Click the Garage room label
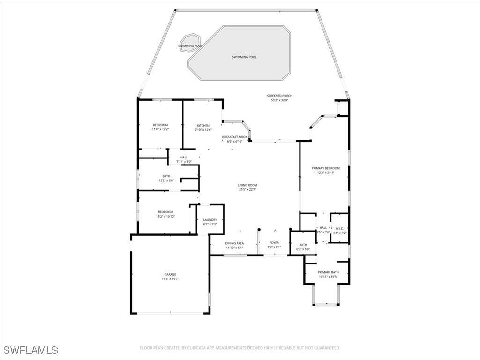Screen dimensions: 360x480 170,274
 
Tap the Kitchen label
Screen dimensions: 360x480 203,126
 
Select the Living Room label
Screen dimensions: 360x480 247,185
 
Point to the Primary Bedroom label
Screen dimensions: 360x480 325,168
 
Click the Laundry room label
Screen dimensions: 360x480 210,220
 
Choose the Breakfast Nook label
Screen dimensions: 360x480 234,137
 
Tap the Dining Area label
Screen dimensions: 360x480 234,243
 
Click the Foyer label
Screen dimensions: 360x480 274,243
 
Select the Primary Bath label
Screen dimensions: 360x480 328,272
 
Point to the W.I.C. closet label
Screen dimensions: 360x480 339,228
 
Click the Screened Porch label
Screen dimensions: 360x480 279,96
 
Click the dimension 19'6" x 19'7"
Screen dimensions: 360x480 170,279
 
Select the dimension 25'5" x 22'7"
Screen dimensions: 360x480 247,190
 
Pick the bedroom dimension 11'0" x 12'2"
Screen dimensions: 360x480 160,129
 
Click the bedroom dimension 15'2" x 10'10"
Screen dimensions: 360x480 165,216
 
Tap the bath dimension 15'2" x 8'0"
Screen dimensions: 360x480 166,180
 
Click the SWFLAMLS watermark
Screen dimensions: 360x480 31,350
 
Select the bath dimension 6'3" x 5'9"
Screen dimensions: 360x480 303,249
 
